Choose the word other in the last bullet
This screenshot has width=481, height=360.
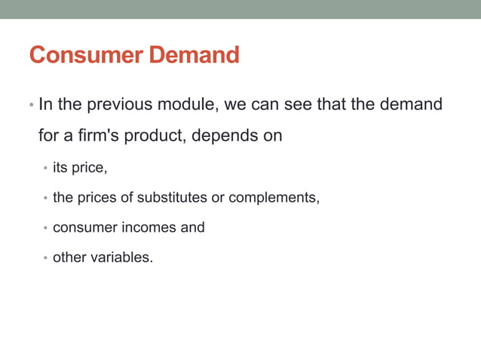(69, 258)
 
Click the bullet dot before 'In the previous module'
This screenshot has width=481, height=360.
(31, 105)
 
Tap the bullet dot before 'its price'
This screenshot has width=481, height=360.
(45, 168)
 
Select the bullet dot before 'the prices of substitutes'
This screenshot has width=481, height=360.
(45, 198)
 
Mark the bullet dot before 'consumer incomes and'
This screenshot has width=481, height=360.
(45, 228)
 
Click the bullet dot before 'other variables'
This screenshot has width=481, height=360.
(45, 258)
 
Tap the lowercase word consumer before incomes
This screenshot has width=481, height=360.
(82, 227)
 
